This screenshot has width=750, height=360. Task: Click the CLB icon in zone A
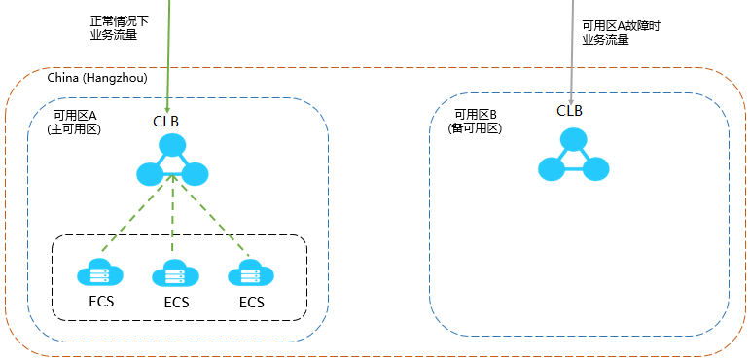[x=172, y=162]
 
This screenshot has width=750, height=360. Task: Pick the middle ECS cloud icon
[x=175, y=273]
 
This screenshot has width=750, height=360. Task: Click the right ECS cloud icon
[x=251, y=273]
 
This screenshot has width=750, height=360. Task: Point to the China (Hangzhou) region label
[x=92, y=77]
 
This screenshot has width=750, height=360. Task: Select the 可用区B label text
[x=476, y=114]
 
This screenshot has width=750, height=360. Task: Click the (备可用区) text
[x=475, y=127]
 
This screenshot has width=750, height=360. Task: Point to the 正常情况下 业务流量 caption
[x=114, y=27]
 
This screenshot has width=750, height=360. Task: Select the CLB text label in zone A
[x=165, y=122]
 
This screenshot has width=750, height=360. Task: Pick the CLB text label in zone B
[x=569, y=110]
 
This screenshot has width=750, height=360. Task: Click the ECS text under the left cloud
[x=100, y=301]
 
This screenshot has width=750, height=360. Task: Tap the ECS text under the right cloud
[x=251, y=302]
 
